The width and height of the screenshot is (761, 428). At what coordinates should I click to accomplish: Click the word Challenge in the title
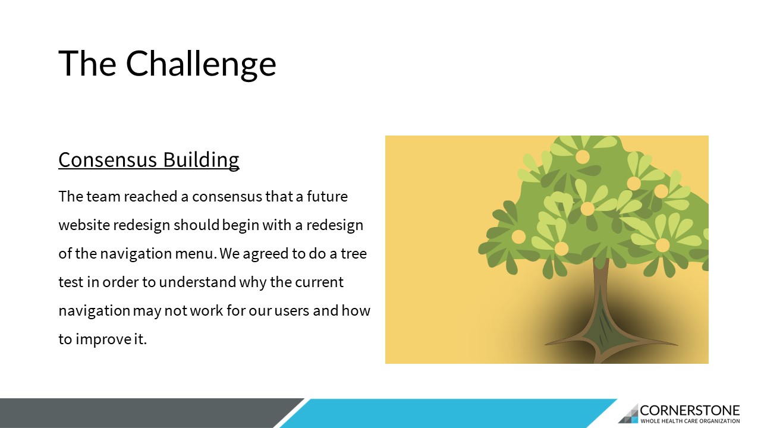201,64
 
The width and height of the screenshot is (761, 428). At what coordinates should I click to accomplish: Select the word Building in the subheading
201,159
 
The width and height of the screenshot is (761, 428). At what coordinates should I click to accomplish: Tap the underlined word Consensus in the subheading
108,159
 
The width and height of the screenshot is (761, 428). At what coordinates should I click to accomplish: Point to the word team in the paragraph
103,197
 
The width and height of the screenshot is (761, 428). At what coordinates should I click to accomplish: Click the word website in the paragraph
84,225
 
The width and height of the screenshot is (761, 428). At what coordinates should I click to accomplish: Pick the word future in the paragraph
327,196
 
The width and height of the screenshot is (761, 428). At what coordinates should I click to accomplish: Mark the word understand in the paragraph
197,282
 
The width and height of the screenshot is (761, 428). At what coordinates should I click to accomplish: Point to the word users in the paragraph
292,311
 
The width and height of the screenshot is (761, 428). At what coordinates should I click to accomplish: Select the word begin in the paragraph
241,225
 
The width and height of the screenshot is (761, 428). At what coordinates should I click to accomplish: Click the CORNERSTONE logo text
690,410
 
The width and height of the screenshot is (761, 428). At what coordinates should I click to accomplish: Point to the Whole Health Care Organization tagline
690,421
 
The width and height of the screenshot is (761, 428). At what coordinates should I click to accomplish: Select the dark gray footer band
143,413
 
